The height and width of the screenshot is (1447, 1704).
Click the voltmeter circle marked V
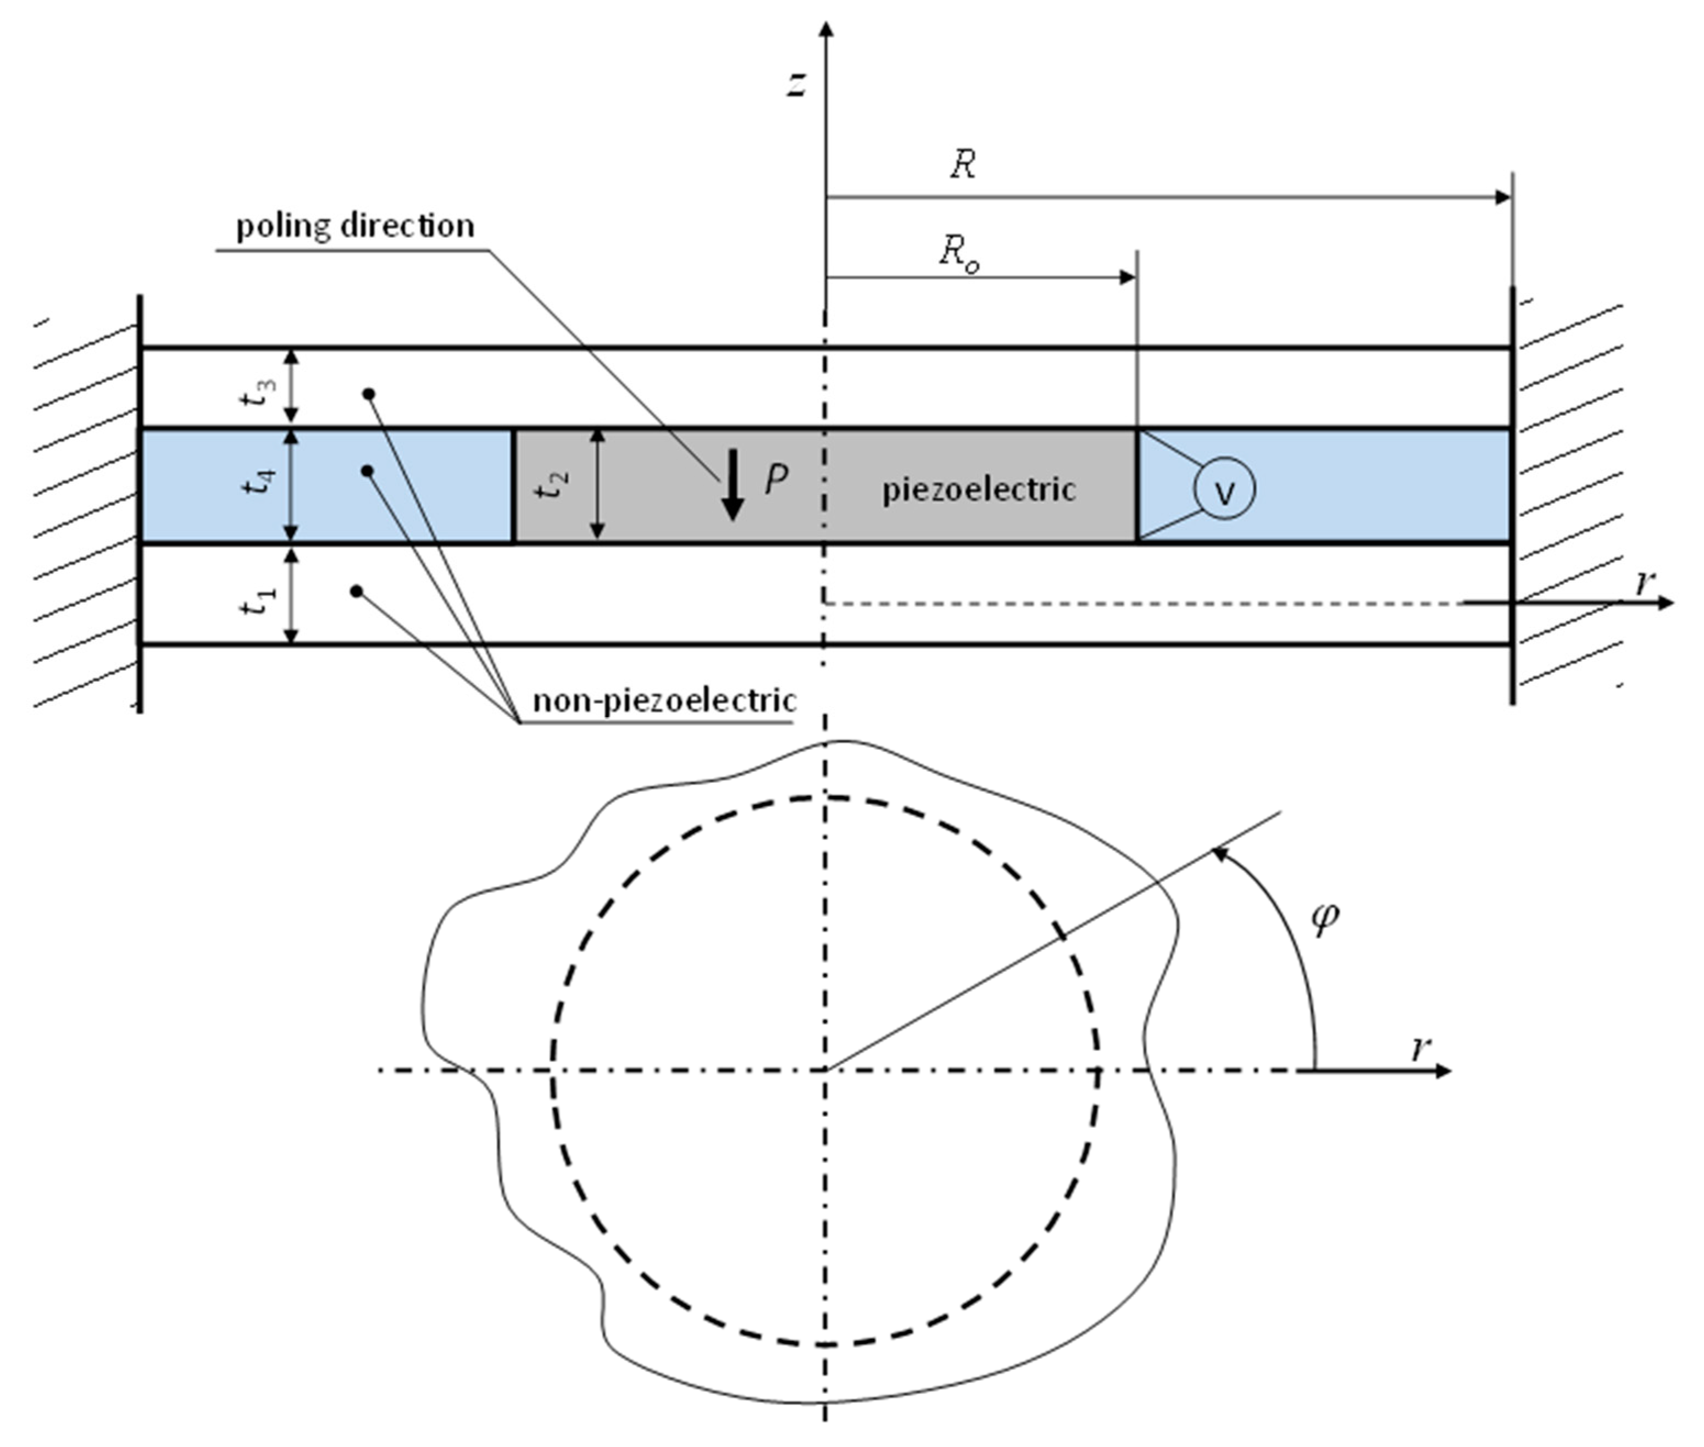click(1224, 489)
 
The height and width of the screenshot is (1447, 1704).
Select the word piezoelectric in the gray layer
click(978, 489)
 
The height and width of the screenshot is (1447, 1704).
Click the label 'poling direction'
click(355, 226)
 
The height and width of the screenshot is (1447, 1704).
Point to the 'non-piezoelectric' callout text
click(664, 700)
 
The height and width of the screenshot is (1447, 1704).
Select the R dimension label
click(963, 165)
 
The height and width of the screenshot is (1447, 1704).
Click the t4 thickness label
click(256, 482)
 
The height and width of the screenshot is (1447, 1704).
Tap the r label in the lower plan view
click(1421, 1048)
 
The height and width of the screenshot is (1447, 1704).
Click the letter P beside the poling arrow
click(776, 479)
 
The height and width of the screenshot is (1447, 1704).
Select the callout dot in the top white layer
click(369, 394)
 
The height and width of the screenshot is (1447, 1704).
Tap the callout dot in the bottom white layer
click(356, 591)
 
